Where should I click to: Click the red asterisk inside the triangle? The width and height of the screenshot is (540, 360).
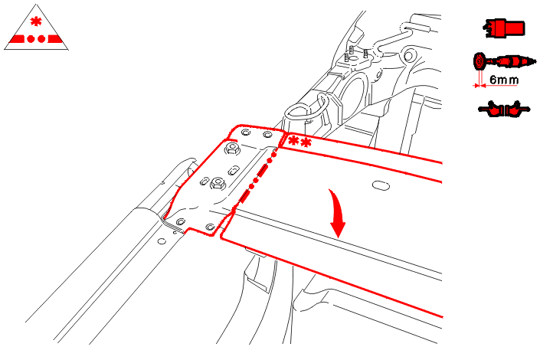(x=36, y=21)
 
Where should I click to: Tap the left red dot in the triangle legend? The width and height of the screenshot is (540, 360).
(x=31, y=39)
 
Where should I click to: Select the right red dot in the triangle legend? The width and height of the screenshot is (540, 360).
(x=41, y=39)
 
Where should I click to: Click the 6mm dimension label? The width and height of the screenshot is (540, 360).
(x=504, y=80)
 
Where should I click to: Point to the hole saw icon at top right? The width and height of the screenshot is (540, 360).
(x=505, y=28)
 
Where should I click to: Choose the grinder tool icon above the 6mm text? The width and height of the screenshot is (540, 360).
(x=505, y=62)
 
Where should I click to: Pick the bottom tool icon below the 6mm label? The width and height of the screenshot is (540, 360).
(x=504, y=110)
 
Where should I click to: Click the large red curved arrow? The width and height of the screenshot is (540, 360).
(x=338, y=214)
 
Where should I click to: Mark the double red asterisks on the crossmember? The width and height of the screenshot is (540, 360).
(x=300, y=142)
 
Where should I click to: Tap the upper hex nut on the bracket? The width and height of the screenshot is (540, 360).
(x=232, y=149)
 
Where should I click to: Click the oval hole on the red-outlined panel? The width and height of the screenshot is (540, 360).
(x=381, y=185)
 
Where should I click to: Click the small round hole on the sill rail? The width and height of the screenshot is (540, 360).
(x=162, y=241)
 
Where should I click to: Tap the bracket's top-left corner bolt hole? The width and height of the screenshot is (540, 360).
(x=246, y=133)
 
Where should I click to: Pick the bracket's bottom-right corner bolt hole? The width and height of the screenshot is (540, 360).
(x=210, y=227)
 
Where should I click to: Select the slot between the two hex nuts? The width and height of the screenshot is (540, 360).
(x=234, y=170)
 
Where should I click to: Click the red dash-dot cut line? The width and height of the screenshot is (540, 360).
(x=257, y=176)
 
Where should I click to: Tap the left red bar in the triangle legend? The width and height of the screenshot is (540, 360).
(x=17, y=39)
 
